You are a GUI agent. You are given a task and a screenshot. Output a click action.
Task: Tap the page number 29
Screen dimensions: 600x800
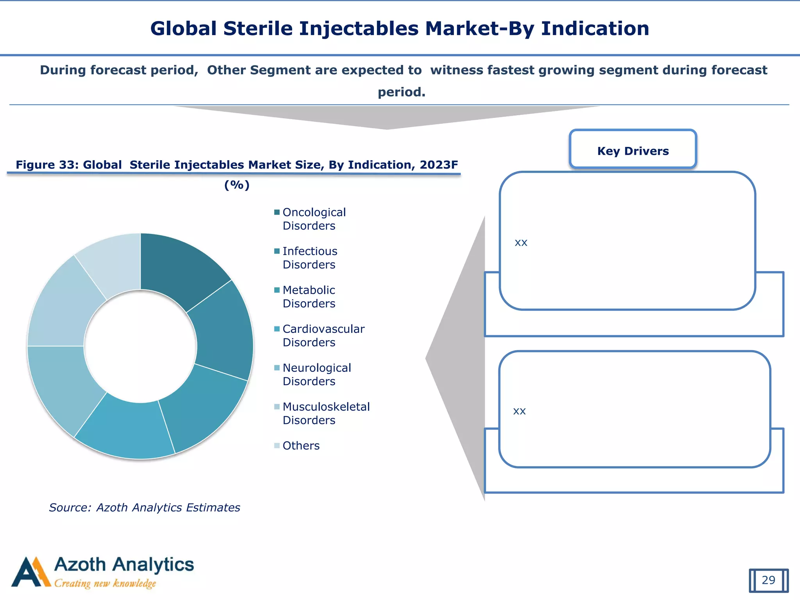tap(768, 580)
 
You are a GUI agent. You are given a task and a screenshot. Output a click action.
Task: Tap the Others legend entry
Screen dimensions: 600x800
tap(300, 446)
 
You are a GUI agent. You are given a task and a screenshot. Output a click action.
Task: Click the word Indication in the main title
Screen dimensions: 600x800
tap(595, 29)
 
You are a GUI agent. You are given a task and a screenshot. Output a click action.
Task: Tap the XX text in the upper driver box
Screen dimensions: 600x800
tap(521, 243)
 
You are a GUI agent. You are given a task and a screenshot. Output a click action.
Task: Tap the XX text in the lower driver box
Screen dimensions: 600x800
tap(519, 411)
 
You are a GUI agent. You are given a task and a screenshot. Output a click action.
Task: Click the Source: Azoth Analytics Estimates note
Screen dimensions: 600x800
tap(144, 507)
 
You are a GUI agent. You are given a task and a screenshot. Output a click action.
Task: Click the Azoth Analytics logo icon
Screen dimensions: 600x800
tap(30, 573)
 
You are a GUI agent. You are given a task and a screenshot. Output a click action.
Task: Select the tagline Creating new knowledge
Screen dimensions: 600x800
tap(105, 584)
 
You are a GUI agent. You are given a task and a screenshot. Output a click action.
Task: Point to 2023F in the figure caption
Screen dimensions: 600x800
tap(439, 165)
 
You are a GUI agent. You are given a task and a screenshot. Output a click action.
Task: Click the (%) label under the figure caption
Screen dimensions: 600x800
tap(237, 185)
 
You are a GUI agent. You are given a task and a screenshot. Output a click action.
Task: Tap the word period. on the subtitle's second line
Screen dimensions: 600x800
tap(401, 92)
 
